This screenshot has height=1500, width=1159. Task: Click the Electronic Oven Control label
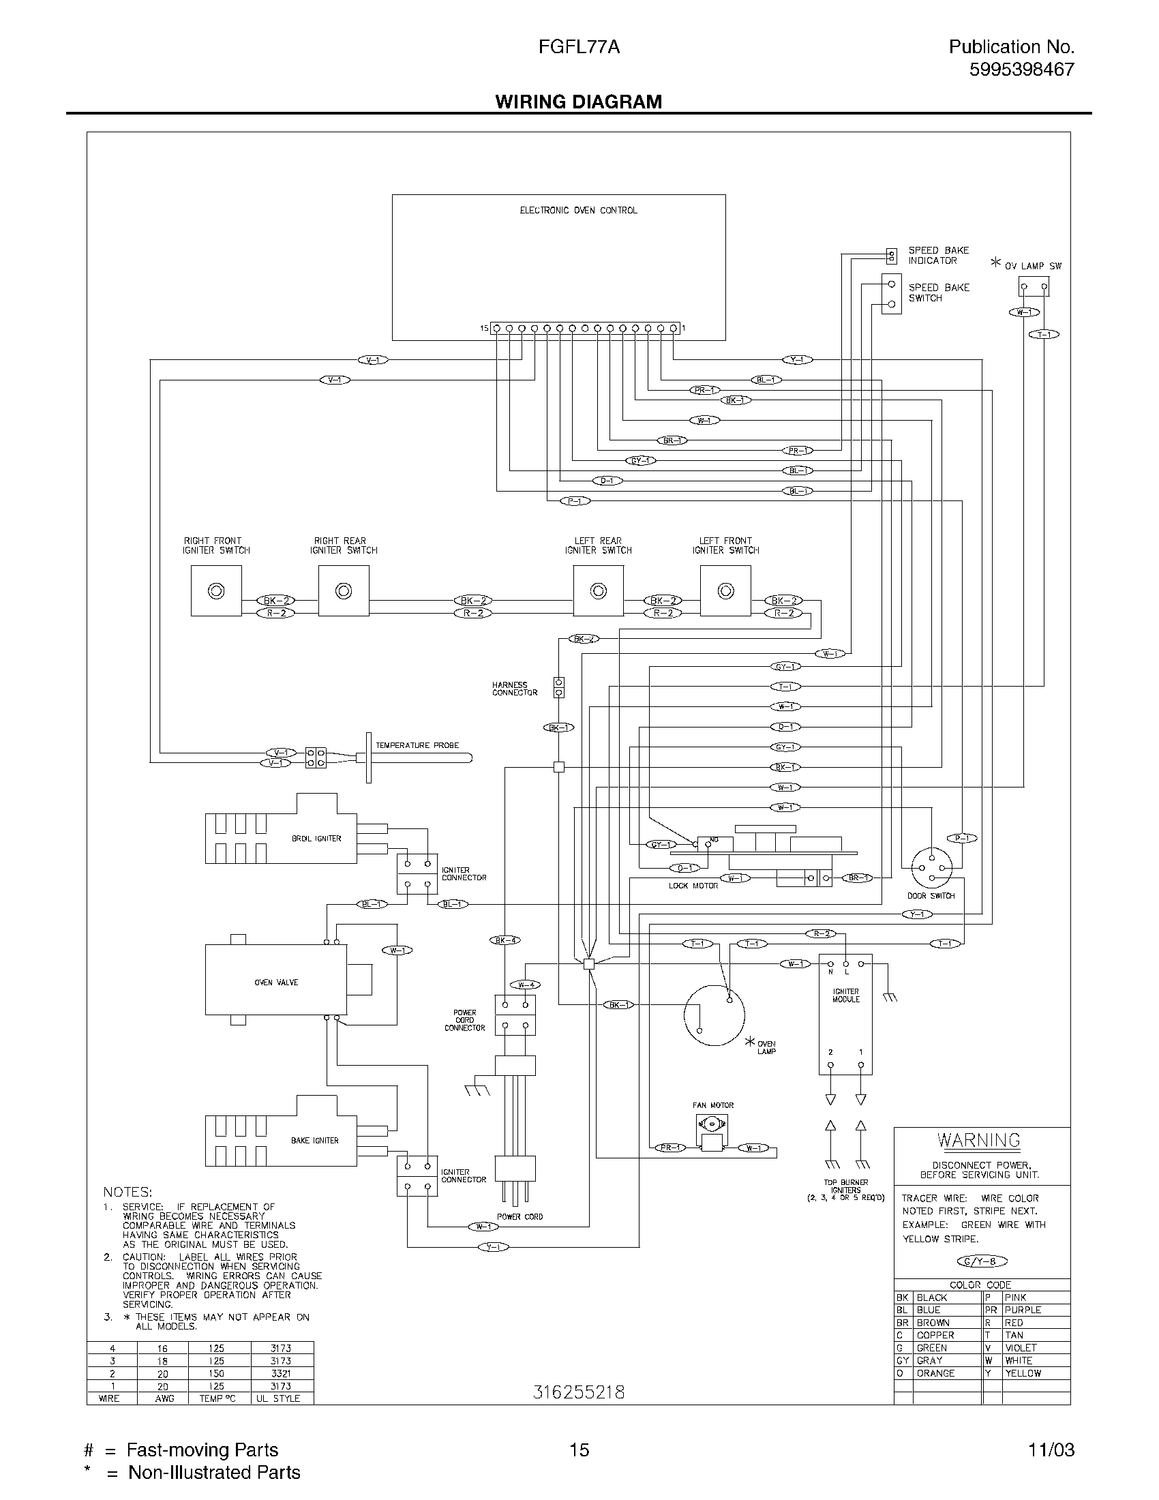click(x=578, y=210)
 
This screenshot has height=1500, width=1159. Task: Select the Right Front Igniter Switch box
click(x=216, y=590)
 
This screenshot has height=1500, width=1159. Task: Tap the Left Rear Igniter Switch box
click(x=598, y=590)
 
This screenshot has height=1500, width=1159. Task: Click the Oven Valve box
click(x=277, y=982)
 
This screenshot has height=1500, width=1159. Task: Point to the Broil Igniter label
click(x=316, y=839)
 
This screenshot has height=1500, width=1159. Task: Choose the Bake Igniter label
click(x=315, y=1140)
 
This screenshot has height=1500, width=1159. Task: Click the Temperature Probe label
click(x=417, y=745)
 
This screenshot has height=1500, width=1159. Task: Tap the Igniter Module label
click(x=845, y=995)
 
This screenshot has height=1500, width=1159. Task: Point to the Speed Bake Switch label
click(x=939, y=292)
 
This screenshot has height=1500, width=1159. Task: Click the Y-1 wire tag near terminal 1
click(x=797, y=359)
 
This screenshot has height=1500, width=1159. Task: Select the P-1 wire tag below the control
click(x=575, y=500)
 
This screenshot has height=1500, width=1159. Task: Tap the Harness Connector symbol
click(x=559, y=687)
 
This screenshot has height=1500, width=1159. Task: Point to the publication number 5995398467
click(x=1022, y=70)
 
